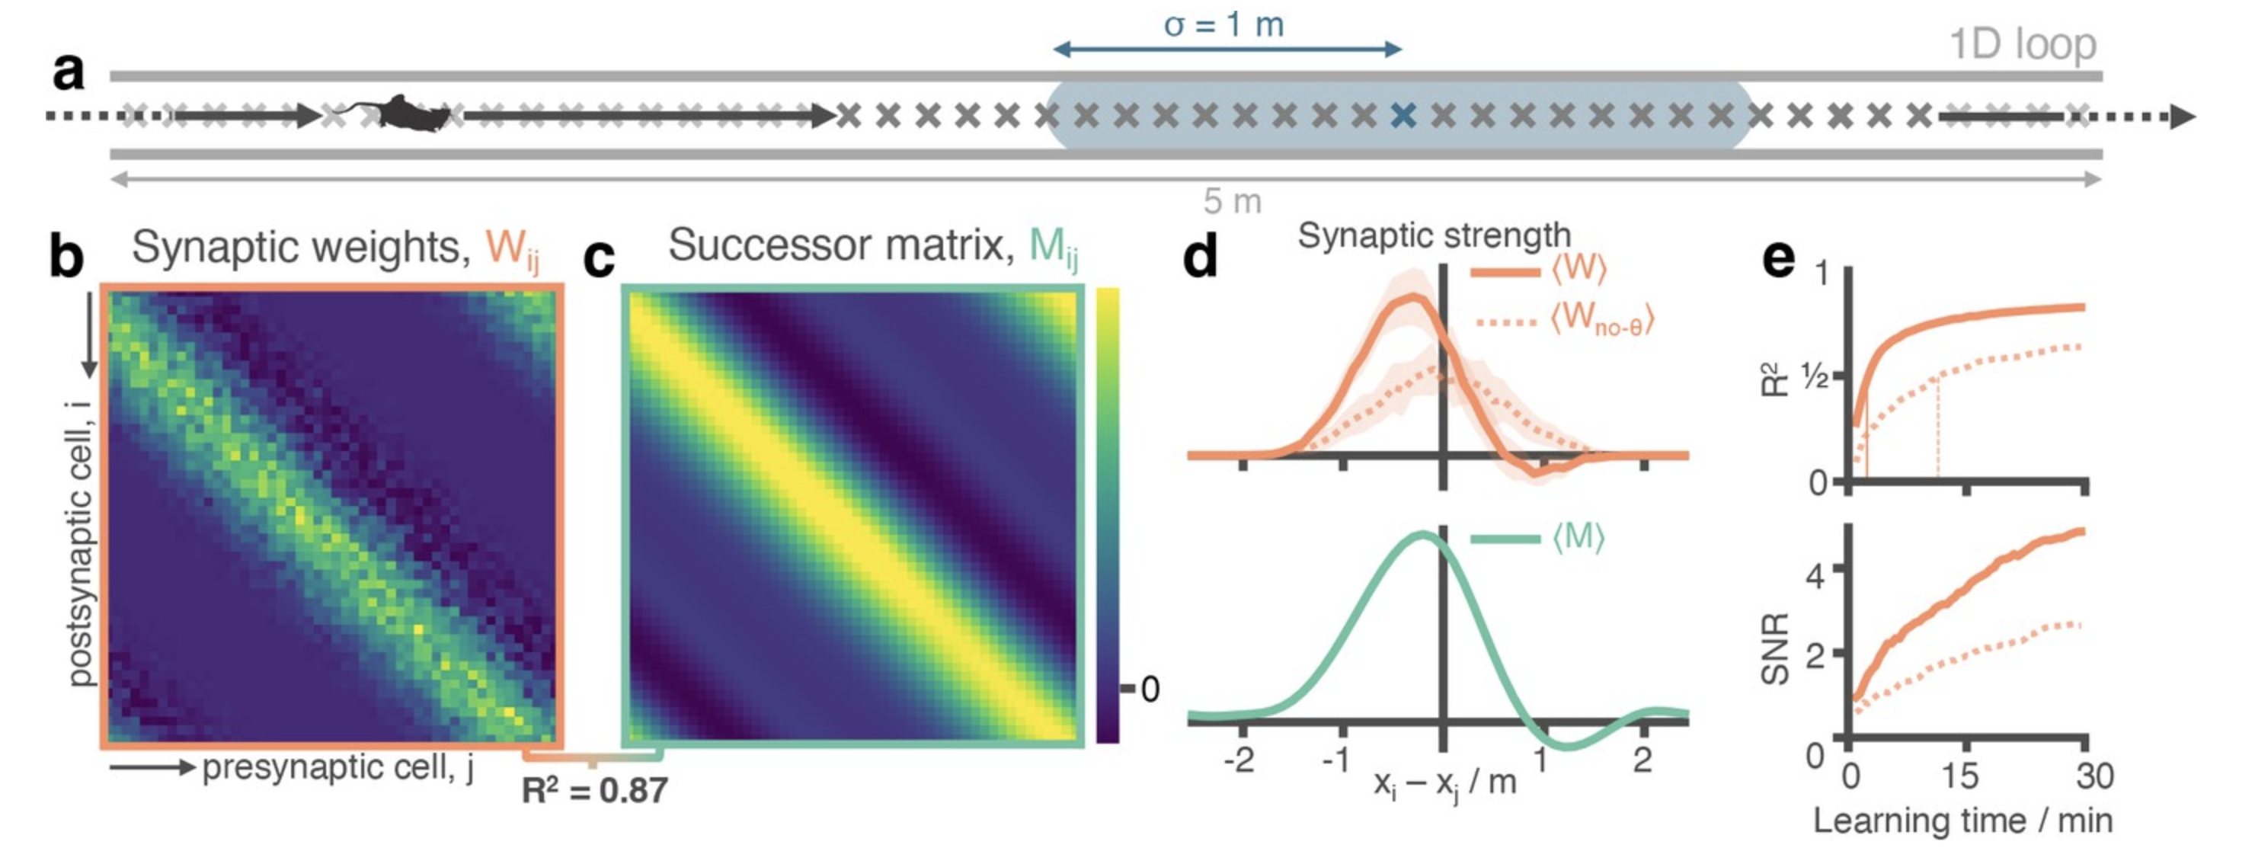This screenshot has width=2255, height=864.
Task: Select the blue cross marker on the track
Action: [1403, 116]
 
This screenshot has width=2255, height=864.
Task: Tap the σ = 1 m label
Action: [1223, 24]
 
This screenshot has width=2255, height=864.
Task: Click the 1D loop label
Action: [2022, 43]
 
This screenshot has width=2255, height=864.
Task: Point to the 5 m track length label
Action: [1232, 202]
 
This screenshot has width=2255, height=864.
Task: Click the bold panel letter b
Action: [66, 258]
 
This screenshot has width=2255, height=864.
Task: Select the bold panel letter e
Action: [1778, 258]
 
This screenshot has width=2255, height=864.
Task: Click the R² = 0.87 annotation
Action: [594, 790]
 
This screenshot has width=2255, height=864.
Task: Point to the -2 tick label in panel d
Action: [1239, 760]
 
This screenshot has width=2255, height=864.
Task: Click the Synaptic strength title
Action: [1434, 235]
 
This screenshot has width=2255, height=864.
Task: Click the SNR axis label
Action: [1774, 648]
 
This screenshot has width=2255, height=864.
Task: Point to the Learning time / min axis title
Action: [1962, 821]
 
